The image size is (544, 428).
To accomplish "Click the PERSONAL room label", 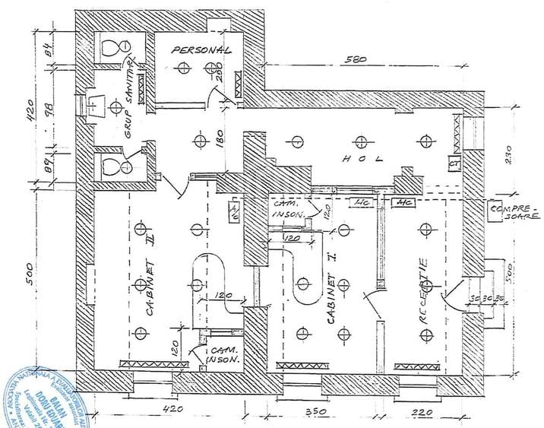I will pyautogui.click(x=201, y=50).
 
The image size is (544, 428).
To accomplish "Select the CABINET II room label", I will pyautogui.click(x=150, y=269).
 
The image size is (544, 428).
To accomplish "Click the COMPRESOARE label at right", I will pyautogui.click(x=509, y=211).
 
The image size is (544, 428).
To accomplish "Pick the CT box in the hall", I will pyautogui.click(x=454, y=164).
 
